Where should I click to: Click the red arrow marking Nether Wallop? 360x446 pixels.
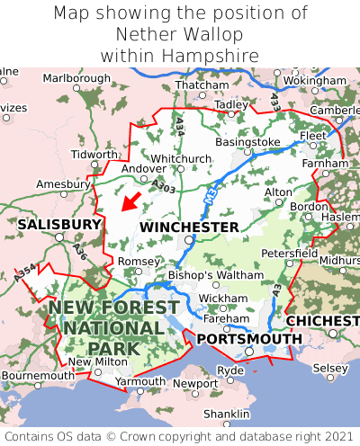[130, 201]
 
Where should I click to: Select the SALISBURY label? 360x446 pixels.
[59, 223]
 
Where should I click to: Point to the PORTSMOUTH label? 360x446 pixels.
[249, 338]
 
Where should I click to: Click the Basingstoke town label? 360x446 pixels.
[248, 142]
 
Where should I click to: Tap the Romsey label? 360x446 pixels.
[139, 261]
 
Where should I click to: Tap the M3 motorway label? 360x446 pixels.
[210, 191]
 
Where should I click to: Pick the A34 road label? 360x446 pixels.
[180, 126]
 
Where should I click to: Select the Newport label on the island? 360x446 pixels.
[195, 383]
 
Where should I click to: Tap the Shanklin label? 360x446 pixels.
[226, 413]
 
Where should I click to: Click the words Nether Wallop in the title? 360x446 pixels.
[179, 34]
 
